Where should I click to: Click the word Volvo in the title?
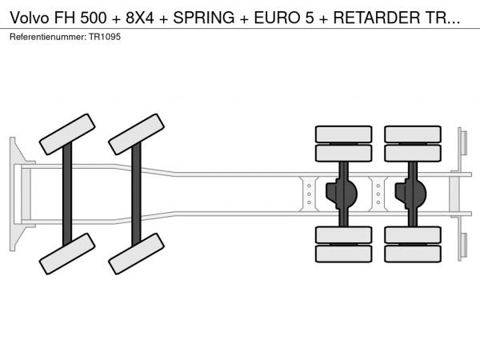(30, 18)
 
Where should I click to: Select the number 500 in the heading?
(94, 18)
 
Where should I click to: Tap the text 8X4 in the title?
(140, 18)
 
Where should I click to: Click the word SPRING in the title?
(204, 18)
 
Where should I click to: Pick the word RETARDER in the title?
(377, 18)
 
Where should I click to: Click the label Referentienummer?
(48, 37)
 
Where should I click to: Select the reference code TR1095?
(105, 37)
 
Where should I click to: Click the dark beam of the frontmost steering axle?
(67, 194)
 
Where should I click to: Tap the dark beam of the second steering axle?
(136, 194)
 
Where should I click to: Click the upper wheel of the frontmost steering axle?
(67, 134)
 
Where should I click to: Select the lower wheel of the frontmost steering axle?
(67, 254)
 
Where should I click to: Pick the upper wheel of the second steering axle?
(136, 134)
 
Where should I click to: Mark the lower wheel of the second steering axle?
(136, 254)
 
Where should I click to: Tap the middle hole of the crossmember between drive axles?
(378, 194)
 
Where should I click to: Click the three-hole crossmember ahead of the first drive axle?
(309, 194)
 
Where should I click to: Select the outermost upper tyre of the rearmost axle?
(413, 134)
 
